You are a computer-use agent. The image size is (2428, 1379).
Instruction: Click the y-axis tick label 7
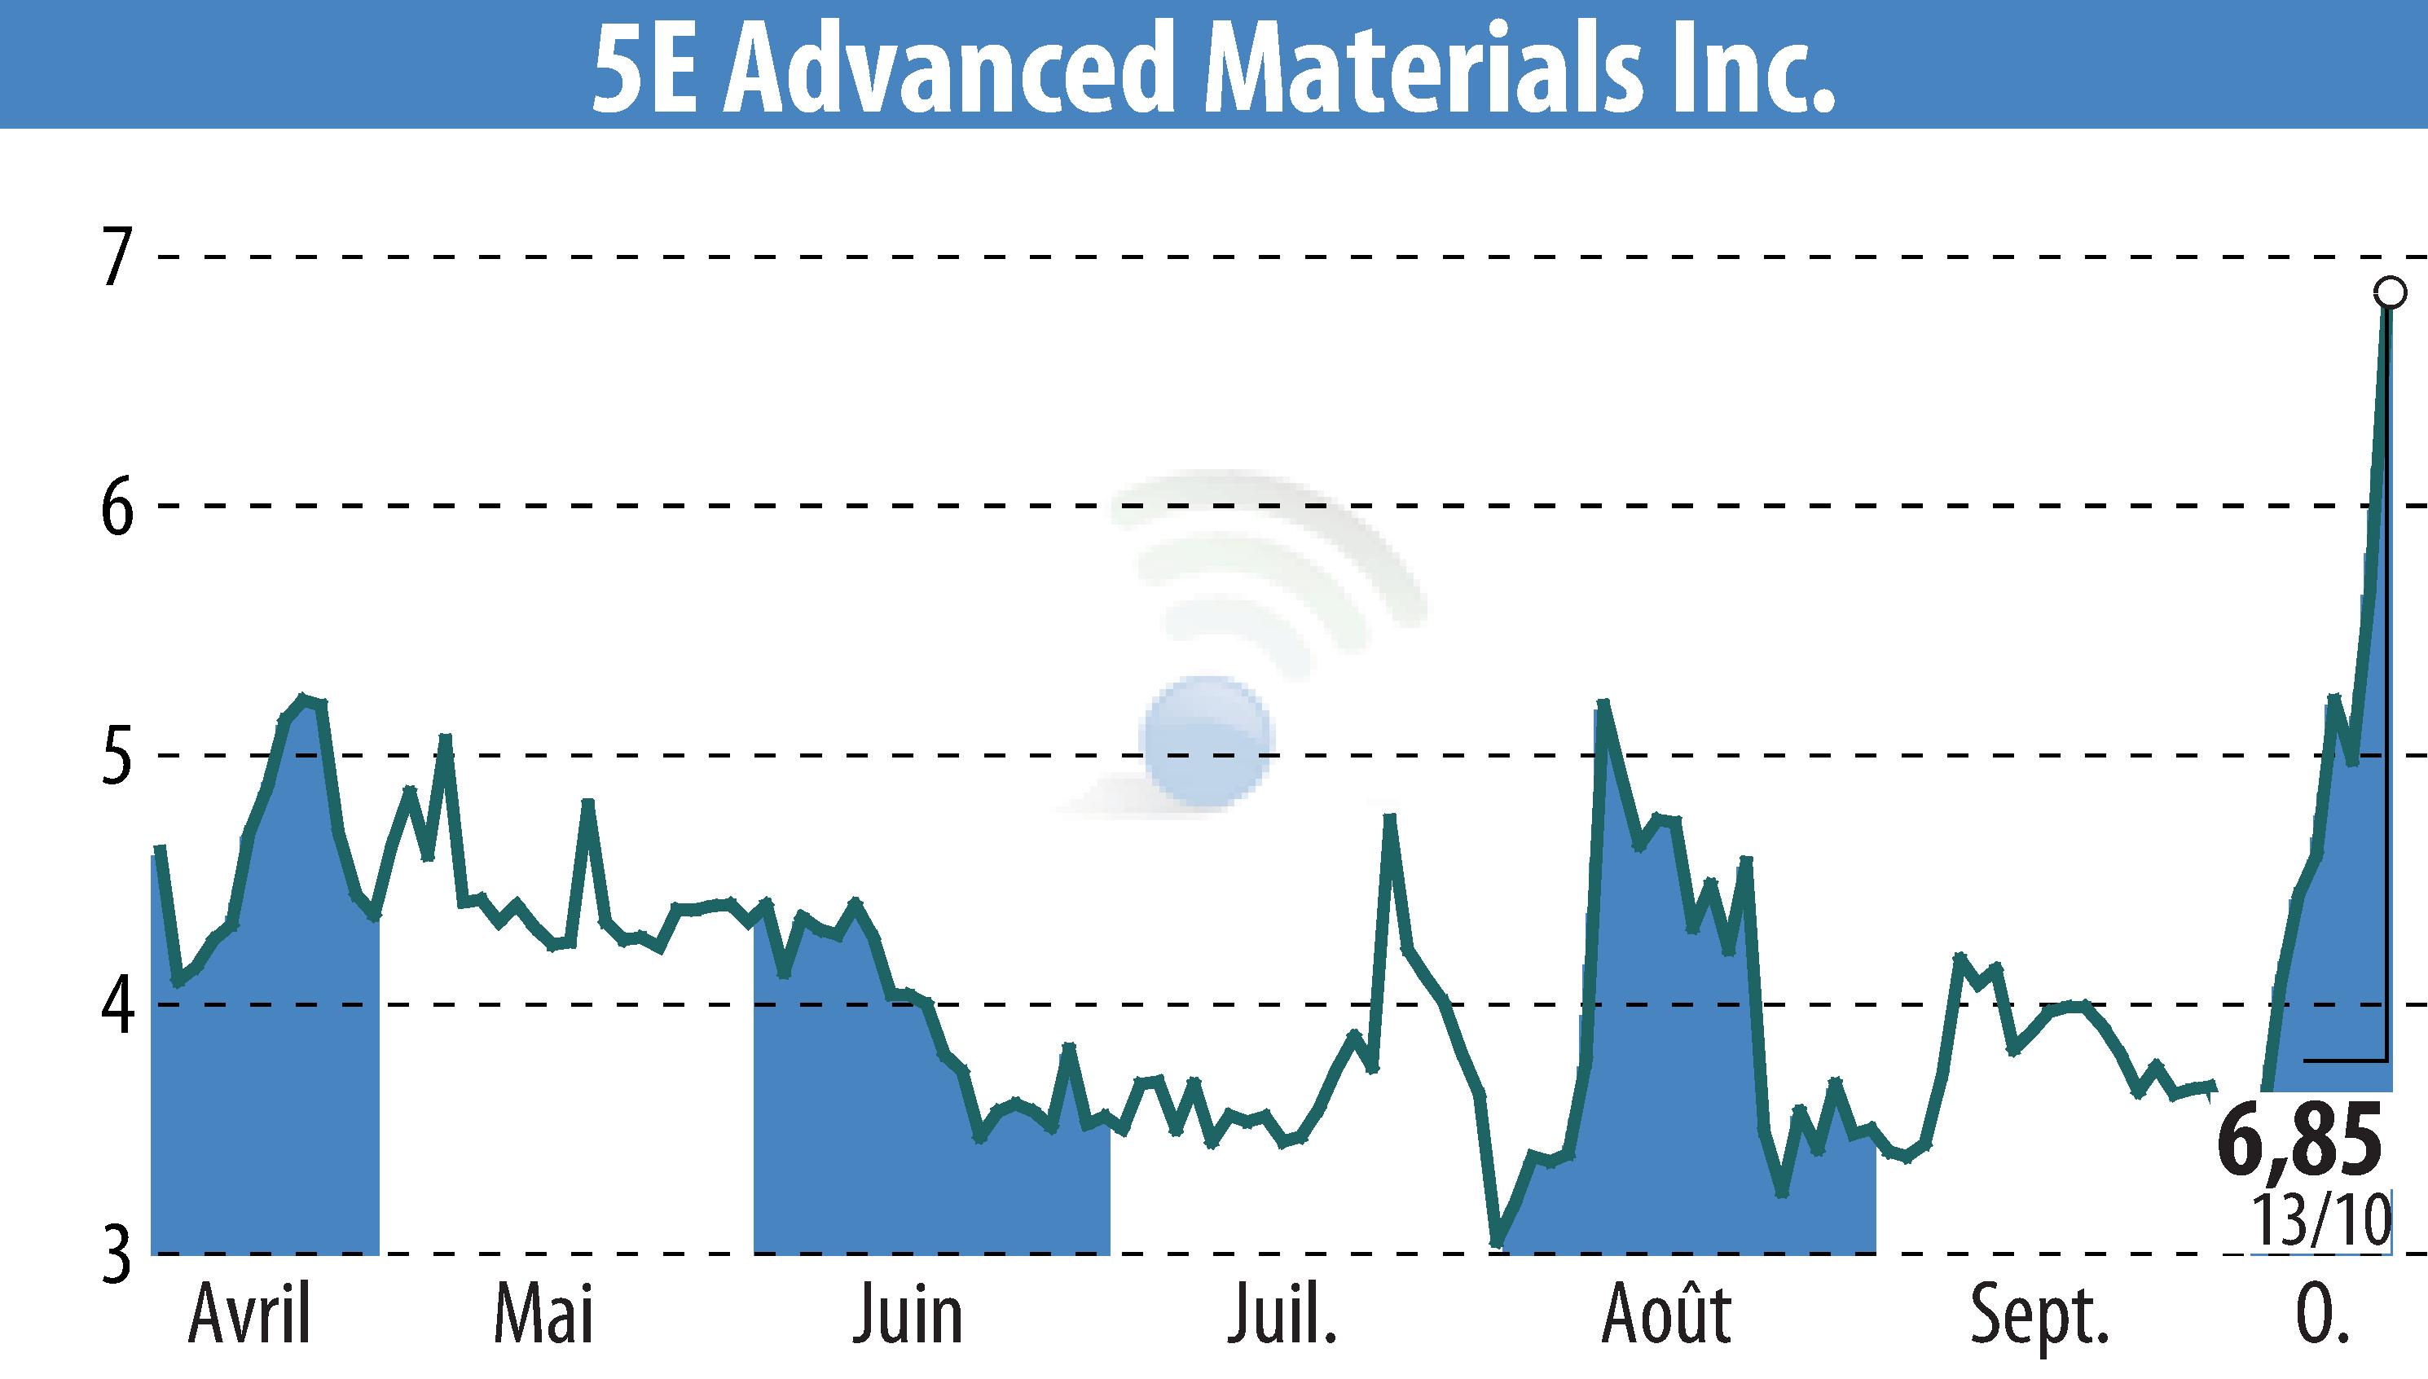tap(115, 257)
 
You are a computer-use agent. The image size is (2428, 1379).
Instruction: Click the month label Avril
tap(249, 1315)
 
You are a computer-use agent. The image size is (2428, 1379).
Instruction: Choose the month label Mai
tap(543, 1315)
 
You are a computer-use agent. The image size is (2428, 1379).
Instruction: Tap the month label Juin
tap(908, 1315)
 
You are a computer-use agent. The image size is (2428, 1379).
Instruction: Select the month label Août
tap(1666, 1315)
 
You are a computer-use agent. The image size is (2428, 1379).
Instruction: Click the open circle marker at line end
tap(2389, 292)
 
